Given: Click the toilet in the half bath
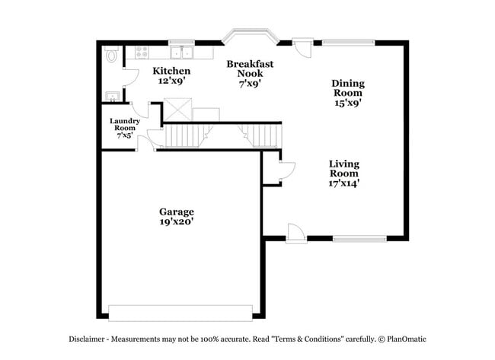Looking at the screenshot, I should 112,56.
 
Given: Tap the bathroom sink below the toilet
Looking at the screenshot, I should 112,96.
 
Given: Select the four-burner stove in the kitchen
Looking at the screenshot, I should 142,53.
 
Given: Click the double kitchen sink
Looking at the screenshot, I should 181,53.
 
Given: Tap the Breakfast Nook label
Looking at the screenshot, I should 250,69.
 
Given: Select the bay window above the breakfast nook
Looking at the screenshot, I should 250,36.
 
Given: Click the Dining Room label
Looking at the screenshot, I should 347,88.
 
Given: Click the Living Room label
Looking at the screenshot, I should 344,169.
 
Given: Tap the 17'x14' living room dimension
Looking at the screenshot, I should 344,183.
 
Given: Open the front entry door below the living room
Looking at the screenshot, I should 296,233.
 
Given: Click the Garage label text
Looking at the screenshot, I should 176,212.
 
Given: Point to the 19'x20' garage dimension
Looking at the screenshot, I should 176,222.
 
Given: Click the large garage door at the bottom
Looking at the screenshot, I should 180,313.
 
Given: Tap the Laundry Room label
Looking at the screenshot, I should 123,125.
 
